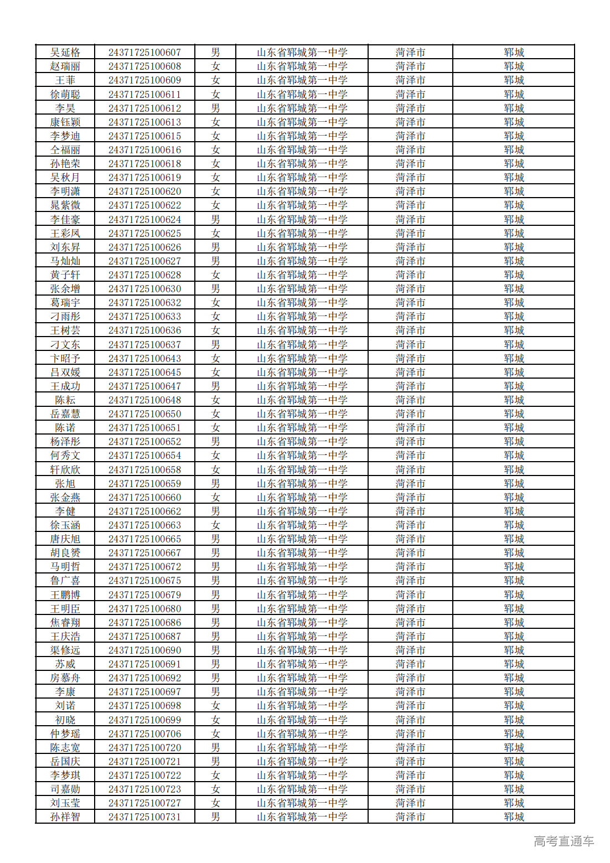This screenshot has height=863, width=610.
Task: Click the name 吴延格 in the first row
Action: (x=65, y=53)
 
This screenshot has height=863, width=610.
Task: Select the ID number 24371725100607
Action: (x=144, y=53)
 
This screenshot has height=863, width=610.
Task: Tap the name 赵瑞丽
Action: (x=65, y=66)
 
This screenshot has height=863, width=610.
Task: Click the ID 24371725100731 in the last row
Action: (x=144, y=817)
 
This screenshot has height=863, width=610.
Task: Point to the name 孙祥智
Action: (x=65, y=817)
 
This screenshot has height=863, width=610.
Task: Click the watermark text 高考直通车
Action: (x=564, y=841)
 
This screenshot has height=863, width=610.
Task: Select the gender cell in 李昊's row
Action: (x=215, y=108)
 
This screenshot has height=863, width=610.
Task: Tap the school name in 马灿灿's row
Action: (x=302, y=261)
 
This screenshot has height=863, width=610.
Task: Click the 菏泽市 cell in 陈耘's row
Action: (x=410, y=400)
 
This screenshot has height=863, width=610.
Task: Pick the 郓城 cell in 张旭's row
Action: (x=514, y=484)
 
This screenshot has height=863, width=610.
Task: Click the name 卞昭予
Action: (x=65, y=359)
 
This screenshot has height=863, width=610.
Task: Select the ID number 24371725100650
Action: (x=144, y=414)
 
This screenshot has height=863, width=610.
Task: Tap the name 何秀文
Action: (x=65, y=456)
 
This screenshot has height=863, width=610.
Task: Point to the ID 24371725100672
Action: (x=144, y=567)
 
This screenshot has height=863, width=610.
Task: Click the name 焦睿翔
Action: (x=65, y=623)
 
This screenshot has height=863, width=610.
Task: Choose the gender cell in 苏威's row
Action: (x=215, y=664)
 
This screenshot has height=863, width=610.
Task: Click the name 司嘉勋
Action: (x=65, y=789)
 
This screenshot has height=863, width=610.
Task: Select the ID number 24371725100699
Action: (x=144, y=720)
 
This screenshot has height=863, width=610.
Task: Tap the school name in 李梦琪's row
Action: (x=302, y=776)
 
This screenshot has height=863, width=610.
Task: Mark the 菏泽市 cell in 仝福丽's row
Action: (x=410, y=150)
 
